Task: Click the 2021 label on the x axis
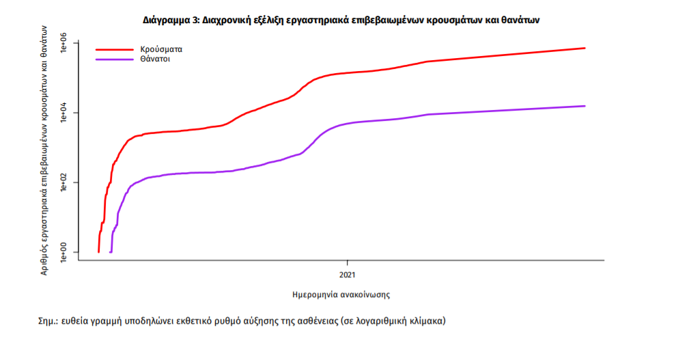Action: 348,275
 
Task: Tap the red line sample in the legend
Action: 114,50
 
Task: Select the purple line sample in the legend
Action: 114,59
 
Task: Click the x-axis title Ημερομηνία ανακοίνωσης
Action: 341,295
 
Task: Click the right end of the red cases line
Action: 585,48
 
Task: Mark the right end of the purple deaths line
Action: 585,106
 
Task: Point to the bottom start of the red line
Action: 99,252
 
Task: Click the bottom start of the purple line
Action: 111,252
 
